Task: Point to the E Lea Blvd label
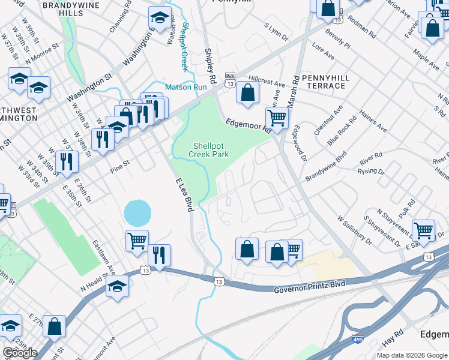(184, 194)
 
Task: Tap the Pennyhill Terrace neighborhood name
(324, 82)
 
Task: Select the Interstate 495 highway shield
(358, 340)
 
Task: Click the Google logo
(20, 353)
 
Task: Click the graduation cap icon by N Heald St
(117, 286)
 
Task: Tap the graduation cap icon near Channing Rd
(160, 17)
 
